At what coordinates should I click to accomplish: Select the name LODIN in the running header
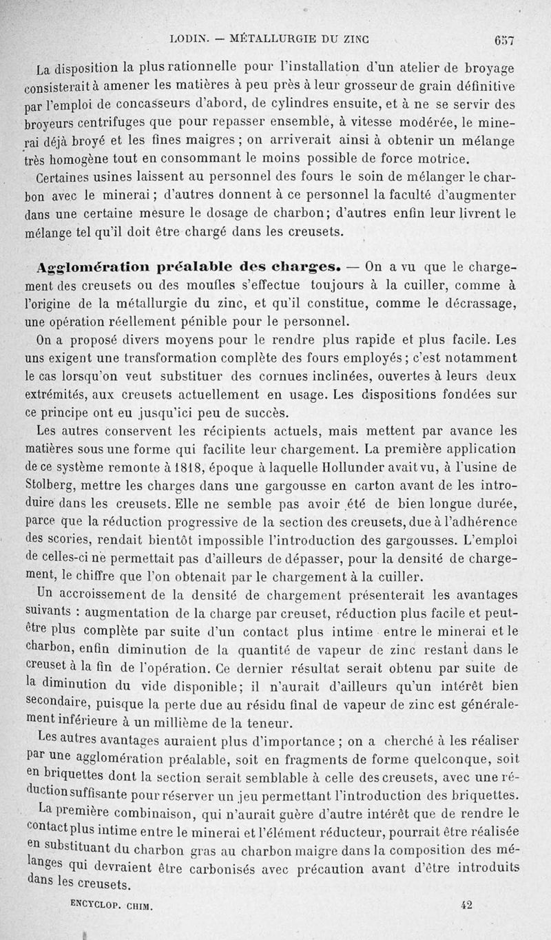pos(186,39)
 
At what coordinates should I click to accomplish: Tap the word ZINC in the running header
pos(352,39)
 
